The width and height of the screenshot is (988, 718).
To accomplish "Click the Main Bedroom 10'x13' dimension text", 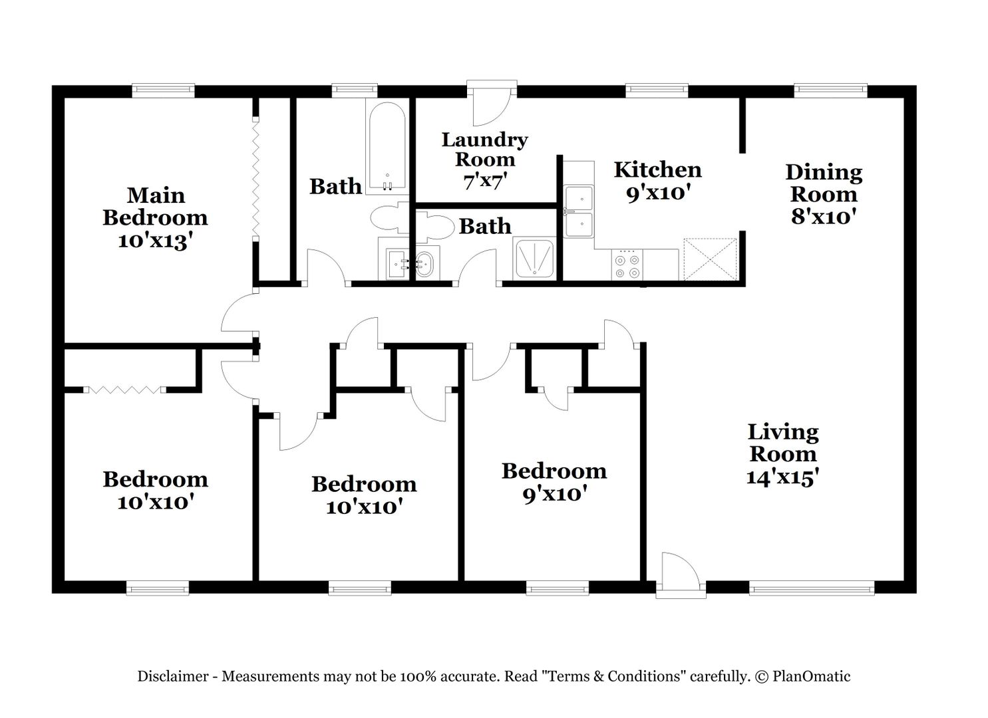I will coord(155,241).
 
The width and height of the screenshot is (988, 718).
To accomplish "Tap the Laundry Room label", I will coord(484,150).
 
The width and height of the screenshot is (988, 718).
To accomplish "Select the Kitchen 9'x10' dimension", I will coord(657,193).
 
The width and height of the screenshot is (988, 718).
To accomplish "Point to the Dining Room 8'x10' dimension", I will coord(823,217).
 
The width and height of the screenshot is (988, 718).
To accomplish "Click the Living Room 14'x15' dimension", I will coord(782,477).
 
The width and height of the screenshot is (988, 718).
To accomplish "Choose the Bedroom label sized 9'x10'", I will coord(554,471).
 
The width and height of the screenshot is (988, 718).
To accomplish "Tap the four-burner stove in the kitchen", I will coord(627,266).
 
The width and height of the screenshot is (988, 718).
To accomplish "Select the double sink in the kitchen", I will coord(579,211).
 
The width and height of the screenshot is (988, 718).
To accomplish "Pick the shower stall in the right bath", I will coord(535,259).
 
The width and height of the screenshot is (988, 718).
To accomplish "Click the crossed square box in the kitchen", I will coord(710,259).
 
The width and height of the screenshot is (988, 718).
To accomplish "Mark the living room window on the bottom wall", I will coord(811,588).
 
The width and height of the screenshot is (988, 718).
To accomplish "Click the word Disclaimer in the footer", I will coord(172,677).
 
